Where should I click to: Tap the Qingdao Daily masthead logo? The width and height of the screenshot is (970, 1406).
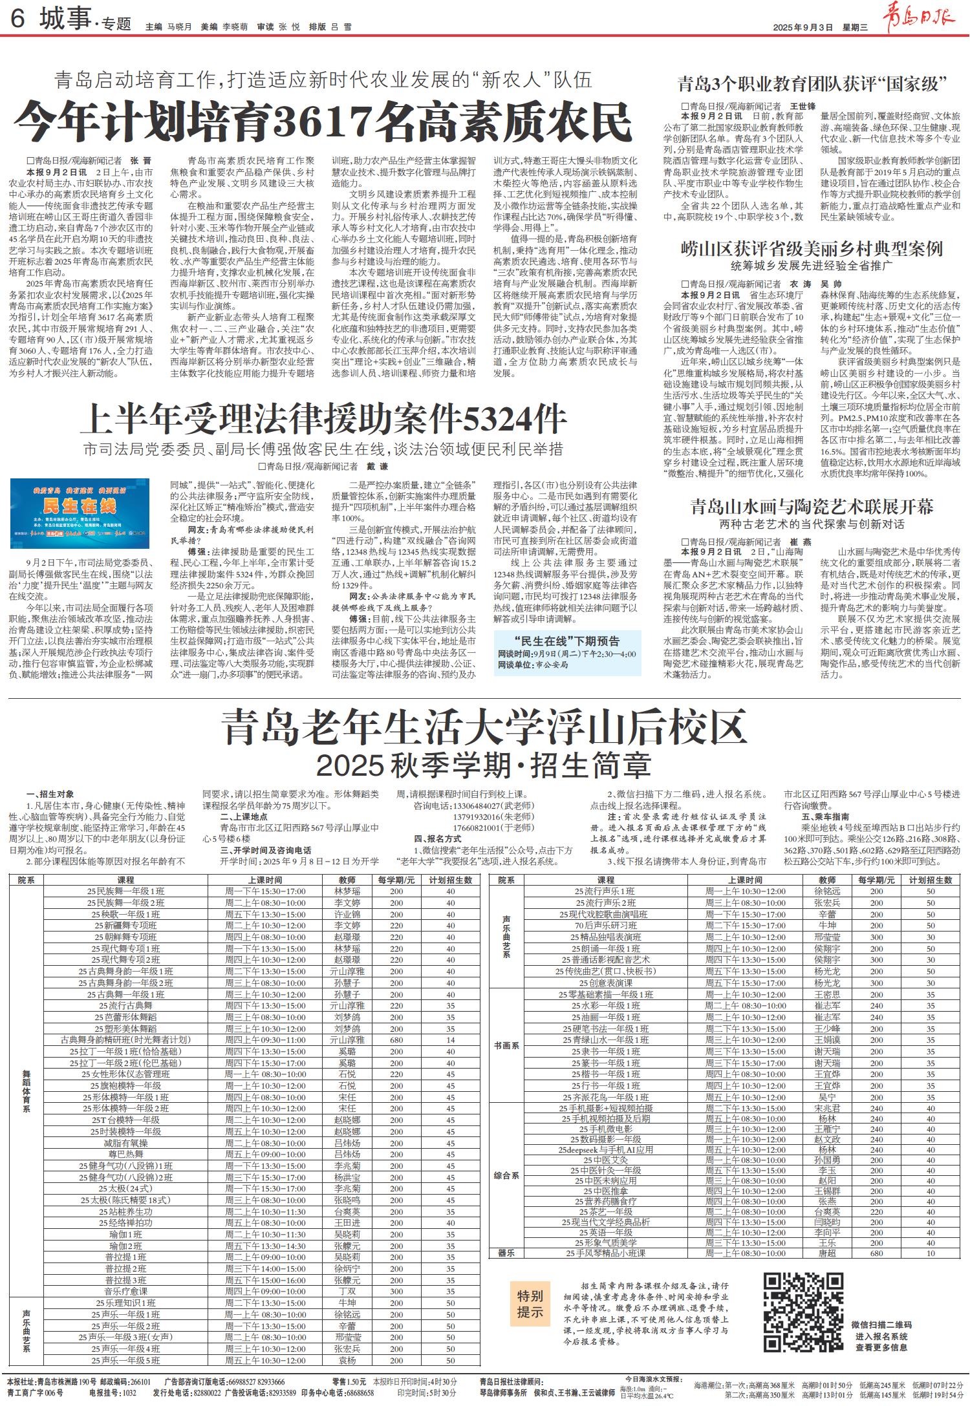(x=924, y=14)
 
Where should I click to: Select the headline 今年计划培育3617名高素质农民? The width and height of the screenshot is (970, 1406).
(x=323, y=122)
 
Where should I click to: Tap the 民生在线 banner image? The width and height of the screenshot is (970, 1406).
(x=80, y=513)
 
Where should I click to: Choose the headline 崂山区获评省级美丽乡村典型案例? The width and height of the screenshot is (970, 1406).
(x=812, y=249)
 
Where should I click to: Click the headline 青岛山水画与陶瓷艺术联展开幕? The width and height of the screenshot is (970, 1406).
(x=812, y=506)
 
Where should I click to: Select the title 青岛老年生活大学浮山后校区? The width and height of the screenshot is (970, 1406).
(x=485, y=729)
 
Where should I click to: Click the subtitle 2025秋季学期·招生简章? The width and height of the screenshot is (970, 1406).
(x=484, y=765)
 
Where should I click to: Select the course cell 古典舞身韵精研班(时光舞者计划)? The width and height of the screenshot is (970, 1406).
(x=125, y=1039)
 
